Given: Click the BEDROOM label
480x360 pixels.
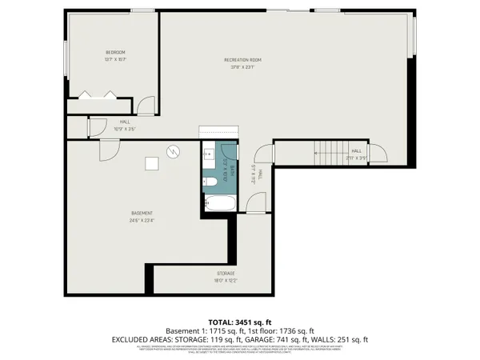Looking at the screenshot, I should pos(115,52).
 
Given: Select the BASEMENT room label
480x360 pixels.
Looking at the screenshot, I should pos(142,213).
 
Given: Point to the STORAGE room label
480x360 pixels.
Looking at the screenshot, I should pos(202,274).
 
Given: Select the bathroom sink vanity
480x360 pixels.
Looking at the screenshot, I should pos(207,154).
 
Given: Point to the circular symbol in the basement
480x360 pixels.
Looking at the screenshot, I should pos(173,150).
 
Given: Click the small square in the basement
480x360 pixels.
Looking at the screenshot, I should pos(150,163).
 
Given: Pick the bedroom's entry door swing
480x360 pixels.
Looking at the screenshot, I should pos(146,104).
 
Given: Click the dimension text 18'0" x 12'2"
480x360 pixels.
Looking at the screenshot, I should pos(202,280).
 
